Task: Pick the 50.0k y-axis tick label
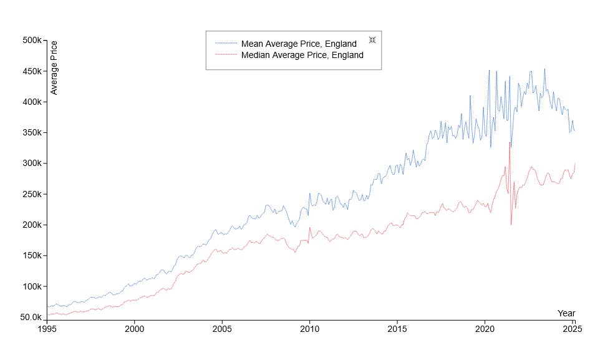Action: (x=30, y=317)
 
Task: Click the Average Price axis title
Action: (x=54, y=67)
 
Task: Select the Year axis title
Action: (x=566, y=313)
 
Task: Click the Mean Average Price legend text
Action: (x=299, y=44)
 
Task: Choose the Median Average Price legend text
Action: (x=302, y=55)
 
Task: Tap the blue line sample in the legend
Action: (x=226, y=44)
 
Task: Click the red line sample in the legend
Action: (x=226, y=55)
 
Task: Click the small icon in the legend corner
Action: (x=372, y=40)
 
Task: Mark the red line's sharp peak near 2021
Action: (x=510, y=143)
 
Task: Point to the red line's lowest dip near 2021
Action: (x=511, y=224)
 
